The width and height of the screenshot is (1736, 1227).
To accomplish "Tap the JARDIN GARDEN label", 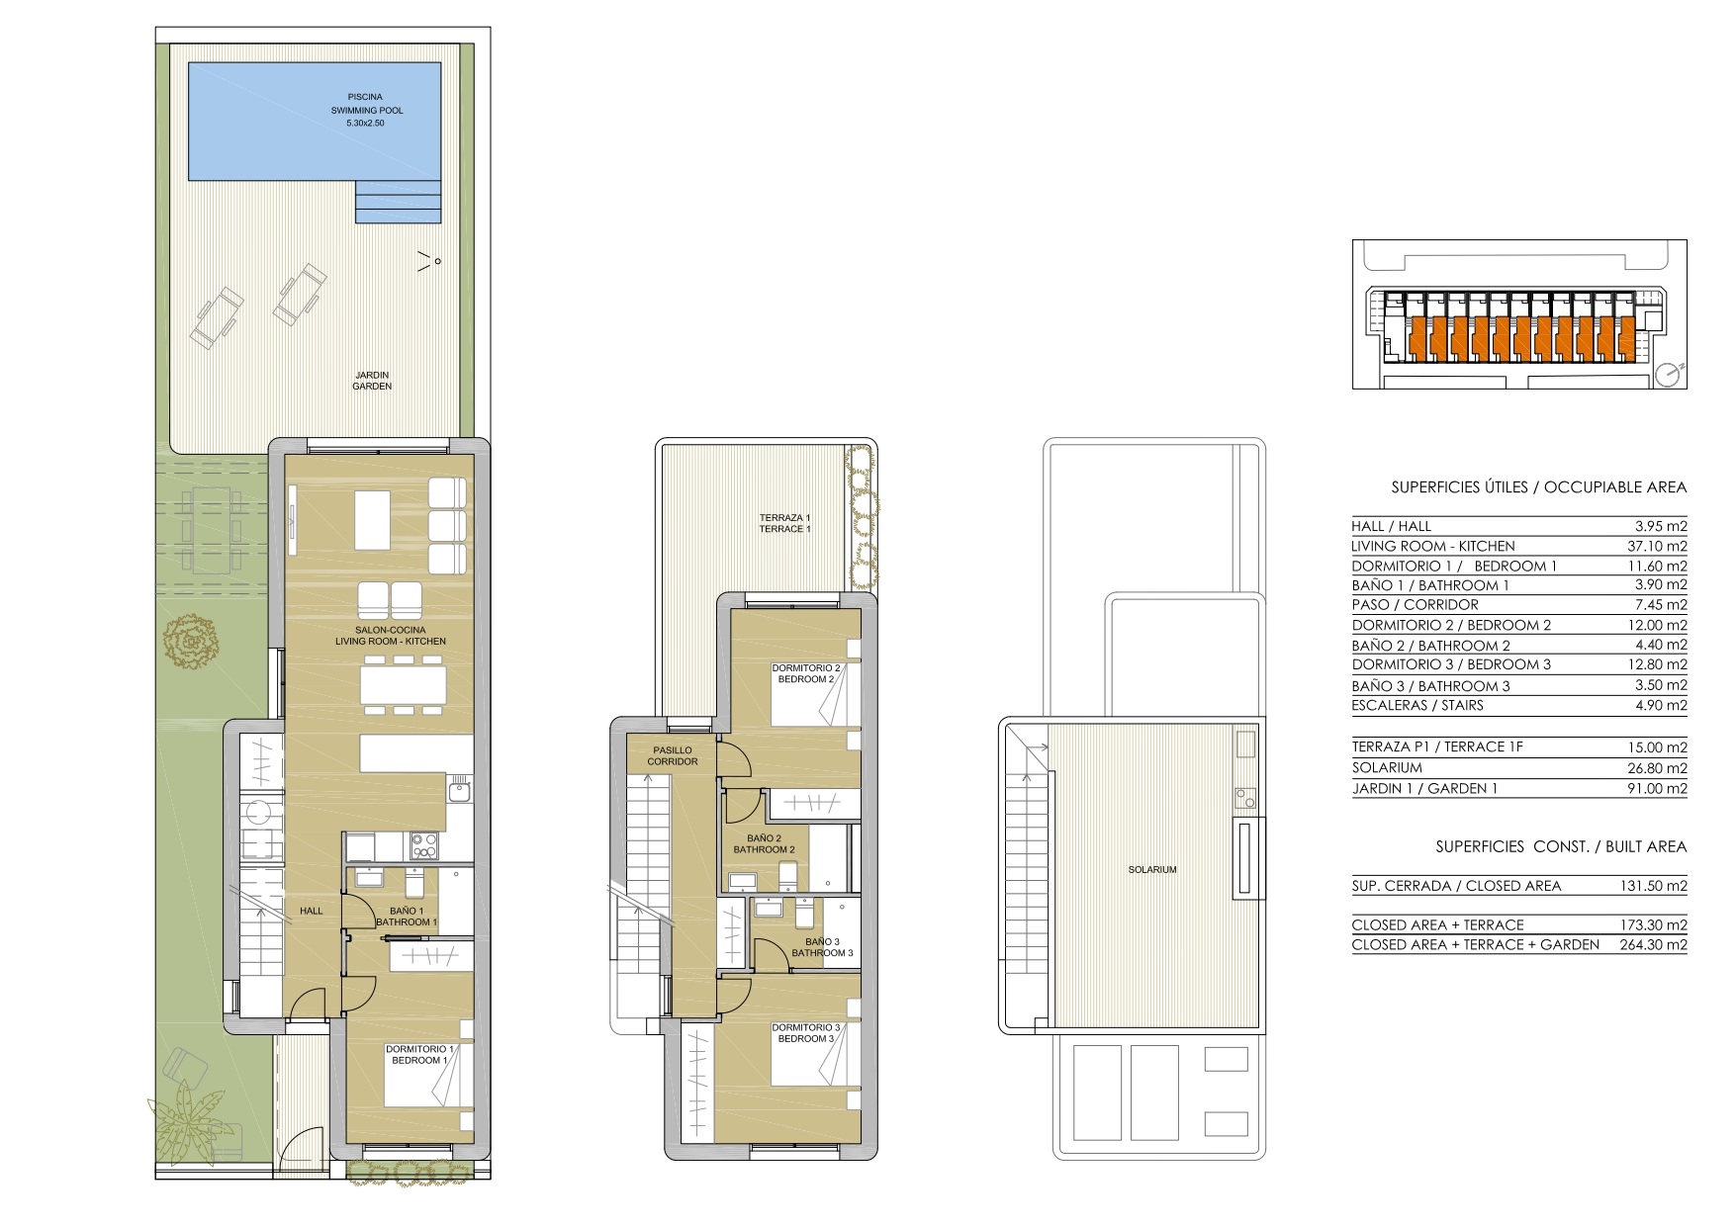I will coord(372,381).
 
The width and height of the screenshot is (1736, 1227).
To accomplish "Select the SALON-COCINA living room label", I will coord(402,636).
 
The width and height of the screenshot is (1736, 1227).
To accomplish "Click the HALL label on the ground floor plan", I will coord(312,911).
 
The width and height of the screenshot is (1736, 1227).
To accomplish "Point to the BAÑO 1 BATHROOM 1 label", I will coord(407,917).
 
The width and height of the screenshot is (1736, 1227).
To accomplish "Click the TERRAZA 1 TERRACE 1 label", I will coord(784,523).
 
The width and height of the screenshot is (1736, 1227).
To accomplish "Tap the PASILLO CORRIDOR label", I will coord(673,756).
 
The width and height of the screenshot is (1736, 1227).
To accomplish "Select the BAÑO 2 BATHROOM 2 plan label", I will coord(764,843).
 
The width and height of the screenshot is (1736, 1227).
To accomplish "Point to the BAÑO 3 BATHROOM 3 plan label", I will coord(821,947).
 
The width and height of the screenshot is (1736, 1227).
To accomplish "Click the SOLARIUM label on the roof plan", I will coord(1152,870).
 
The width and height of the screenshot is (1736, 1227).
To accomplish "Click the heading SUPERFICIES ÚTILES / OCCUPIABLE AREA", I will coord(1538,487).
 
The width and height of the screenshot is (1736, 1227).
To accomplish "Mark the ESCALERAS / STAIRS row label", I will coord(1417,705).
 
